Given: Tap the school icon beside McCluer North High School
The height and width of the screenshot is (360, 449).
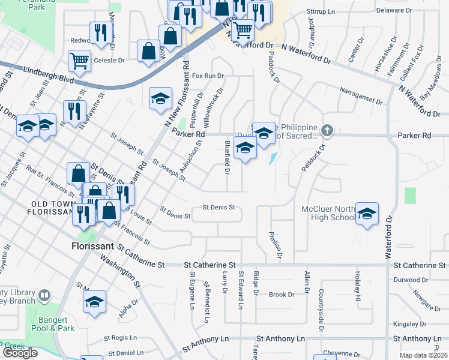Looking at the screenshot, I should [367, 214].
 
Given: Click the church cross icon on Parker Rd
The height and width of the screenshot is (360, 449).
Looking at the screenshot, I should [327, 130].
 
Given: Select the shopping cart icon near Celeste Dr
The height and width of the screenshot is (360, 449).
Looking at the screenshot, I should [79, 60].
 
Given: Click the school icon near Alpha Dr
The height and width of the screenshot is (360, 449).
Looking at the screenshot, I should [94, 302].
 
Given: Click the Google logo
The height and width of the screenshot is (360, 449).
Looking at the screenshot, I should [20, 353].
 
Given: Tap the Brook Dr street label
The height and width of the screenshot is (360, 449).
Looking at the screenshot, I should [282, 295].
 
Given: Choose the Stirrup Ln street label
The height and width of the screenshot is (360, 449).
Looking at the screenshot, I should [321, 11].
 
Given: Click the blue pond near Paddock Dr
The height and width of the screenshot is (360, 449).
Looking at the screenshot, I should [274, 158].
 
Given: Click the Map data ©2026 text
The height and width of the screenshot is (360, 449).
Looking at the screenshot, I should [424, 355].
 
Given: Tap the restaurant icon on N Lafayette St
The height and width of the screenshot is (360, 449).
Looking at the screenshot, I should [74, 112].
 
